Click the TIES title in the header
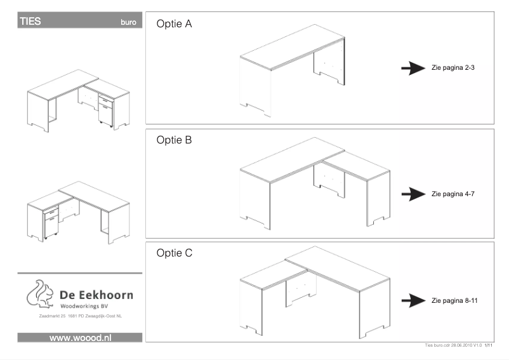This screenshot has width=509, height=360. pos(30,21)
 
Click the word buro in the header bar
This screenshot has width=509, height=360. pos(128,22)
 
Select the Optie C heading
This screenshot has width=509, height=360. pos(175,253)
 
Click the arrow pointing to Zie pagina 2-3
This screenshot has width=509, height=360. pos(414,69)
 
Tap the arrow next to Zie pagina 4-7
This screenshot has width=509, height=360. pos(414,194)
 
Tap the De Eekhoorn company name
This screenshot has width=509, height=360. pos(96,297)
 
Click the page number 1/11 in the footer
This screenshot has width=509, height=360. pos(489,345)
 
